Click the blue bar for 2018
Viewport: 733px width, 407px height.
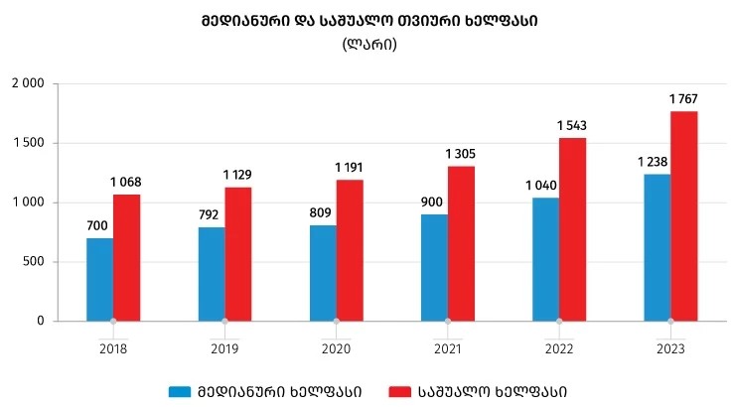[99, 279]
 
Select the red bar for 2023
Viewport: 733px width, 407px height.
[683, 216]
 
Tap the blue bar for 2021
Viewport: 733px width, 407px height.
[434, 267]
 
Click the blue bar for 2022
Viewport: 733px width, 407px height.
[545, 259]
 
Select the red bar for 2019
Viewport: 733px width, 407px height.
[237, 254]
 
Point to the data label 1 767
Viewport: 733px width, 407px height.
[683, 98]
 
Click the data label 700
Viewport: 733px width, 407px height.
[96, 225]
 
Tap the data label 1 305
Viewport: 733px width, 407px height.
[460, 153]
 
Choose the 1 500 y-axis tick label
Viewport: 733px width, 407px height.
[27, 144]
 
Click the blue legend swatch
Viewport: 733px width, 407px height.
[179, 391]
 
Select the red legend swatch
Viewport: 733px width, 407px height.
[399, 391]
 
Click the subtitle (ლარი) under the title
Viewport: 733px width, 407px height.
[368, 44]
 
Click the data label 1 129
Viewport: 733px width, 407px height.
[237, 175]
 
